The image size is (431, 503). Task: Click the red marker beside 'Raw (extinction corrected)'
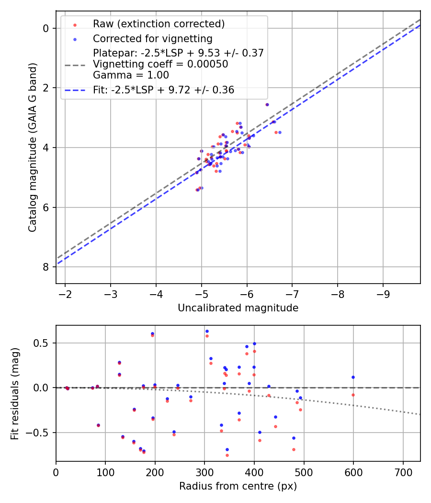pos(75,25)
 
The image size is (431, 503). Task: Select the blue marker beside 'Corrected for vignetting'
pos(75,39)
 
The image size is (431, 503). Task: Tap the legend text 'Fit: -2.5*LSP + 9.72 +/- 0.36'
pos(164,90)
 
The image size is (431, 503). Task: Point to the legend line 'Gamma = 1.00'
pos(131,75)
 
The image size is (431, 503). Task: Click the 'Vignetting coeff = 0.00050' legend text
pos(160,64)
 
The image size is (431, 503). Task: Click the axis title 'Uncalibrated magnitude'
pos(238,308)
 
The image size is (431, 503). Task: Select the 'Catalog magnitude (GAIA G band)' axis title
pos(33,147)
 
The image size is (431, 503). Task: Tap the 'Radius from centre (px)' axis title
pos(238,486)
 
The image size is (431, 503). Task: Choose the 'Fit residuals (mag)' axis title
pos(15,394)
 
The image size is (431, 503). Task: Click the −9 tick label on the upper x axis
pos(383,294)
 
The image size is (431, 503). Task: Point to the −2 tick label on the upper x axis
pos(65,294)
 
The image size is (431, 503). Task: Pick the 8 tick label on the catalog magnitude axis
pos(46,267)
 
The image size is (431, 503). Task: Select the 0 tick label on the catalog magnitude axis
pos(46,28)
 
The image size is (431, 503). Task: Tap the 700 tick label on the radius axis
pos(403,472)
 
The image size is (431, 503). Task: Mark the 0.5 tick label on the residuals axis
pos(41,343)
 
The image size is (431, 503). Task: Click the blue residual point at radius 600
pos(353,377)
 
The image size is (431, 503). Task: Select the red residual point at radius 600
pos(353,395)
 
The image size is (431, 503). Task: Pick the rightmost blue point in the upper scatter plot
pos(280,132)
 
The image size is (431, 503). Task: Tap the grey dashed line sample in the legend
pos(75,65)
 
